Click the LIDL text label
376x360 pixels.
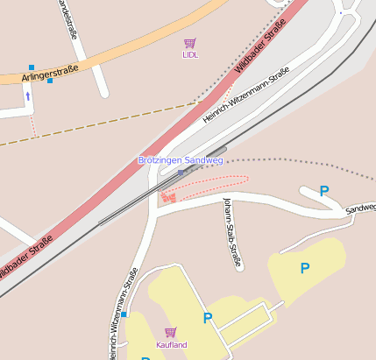(190, 54)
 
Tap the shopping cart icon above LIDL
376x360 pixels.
(190, 43)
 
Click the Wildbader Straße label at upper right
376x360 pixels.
(261, 47)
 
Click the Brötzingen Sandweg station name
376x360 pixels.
(181, 160)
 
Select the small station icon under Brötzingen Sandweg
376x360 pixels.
(181, 172)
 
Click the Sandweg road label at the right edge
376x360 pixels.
(360, 208)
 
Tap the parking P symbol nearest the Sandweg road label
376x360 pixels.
(324, 191)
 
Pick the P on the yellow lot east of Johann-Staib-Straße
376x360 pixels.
(305, 268)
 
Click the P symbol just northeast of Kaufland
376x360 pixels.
(208, 318)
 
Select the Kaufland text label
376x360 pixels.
(172, 344)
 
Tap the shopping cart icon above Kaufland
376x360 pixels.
(171, 333)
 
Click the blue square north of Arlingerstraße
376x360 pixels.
(32, 67)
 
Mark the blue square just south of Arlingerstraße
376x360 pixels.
(50, 81)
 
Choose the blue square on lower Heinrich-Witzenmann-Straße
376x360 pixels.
(124, 314)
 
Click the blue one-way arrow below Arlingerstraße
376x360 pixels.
(27, 95)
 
